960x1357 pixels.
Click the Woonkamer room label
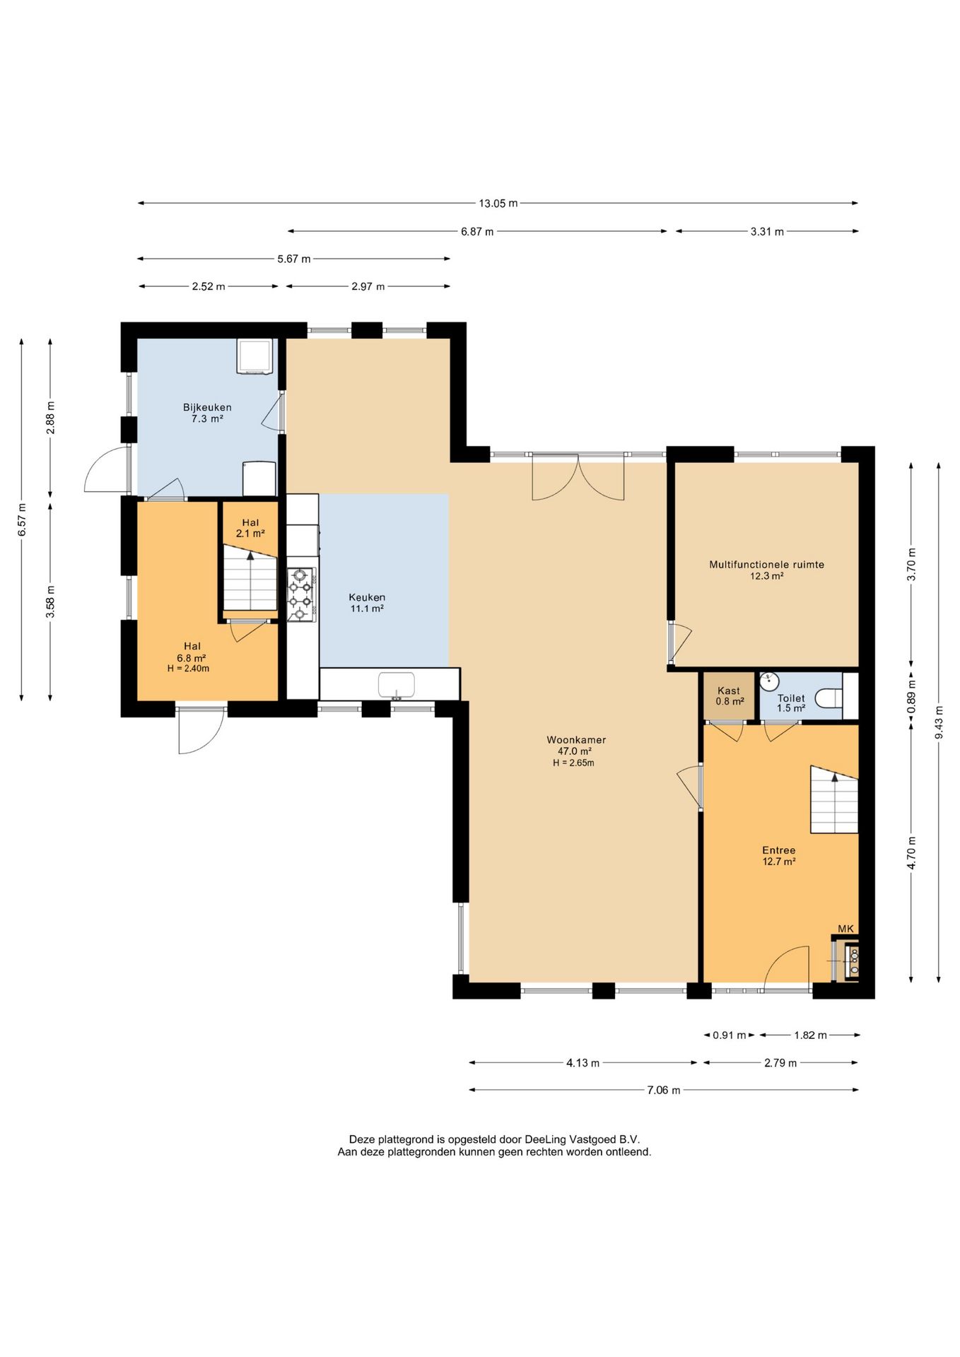576,740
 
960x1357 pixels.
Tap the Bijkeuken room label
207,407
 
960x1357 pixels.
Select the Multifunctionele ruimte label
766,565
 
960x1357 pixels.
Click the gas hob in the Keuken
301,594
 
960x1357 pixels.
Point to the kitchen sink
396,685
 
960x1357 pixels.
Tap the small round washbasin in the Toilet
769,681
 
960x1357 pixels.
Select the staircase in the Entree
834,799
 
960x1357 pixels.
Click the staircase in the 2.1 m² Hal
250,577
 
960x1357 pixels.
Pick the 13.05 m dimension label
498,204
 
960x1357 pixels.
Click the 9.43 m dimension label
939,722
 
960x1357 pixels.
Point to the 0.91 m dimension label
729,1035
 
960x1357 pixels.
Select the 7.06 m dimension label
664,1090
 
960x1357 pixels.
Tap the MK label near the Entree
845,929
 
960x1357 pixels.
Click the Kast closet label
729,691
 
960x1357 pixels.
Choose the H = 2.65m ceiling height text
573,763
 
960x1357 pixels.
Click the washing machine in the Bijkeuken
254,356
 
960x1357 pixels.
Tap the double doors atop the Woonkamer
578,477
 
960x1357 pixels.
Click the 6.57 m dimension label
22,519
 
